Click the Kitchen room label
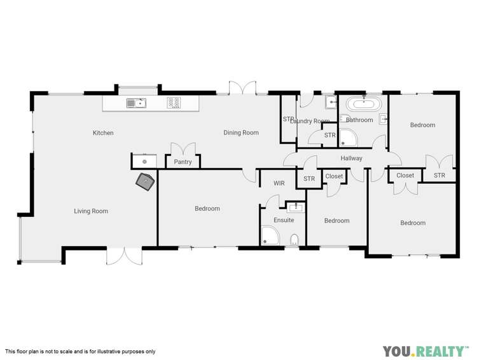(x=103, y=133)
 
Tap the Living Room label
(x=91, y=211)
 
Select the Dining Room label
(x=241, y=133)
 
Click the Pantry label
(x=183, y=162)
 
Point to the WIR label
(x=279, y=183)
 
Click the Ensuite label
(x=284, y=220)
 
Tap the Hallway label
(x=351, y=158)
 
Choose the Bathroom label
(x=359, y=120)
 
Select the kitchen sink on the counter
(x=136, y=102)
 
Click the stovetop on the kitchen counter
(x=174, y=102)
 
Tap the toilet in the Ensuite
(x=294, y=240)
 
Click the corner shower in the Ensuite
(x=270, y=237)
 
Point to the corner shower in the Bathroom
(x=347, y=137)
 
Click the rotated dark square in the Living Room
(x=146, y=183)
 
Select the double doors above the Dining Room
(x=242, y=88)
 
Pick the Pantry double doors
(x=183, y=149)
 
